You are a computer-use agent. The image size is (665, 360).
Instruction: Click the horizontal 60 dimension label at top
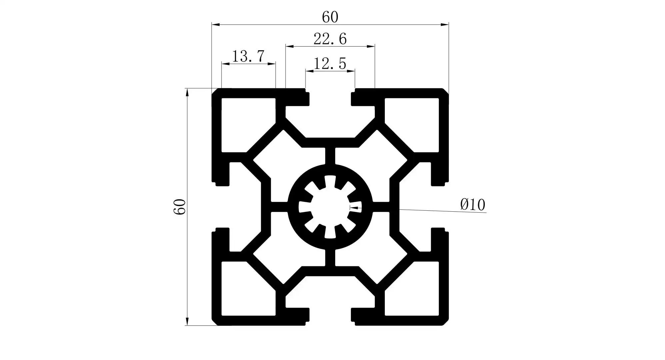[330, 17]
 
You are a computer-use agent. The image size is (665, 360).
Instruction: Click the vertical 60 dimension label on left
[180, 207]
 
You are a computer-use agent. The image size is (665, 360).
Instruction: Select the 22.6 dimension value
[330, 39]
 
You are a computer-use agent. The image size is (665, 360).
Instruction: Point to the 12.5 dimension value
[330, 63]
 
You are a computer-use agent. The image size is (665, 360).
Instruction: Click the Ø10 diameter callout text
[472, 204]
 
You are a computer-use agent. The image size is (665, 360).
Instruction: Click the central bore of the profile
[330, 207]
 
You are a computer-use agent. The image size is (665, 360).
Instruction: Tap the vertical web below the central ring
[330, 258]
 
